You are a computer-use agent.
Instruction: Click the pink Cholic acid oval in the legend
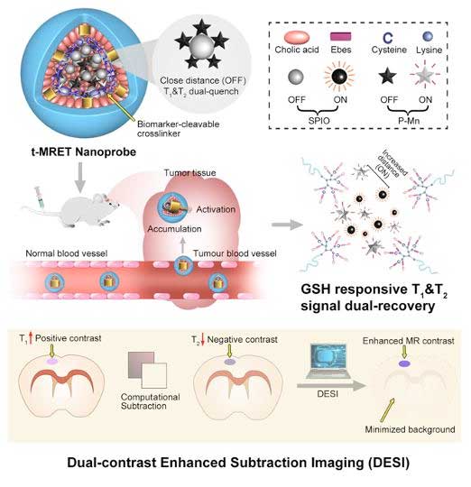tap(296, 37)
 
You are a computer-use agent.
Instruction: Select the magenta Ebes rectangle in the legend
tap(340, 36)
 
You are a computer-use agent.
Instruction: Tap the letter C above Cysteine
tap(388, 38)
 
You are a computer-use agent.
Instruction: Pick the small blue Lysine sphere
tap(428, 36)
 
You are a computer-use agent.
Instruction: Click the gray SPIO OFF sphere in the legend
tap(296, 77)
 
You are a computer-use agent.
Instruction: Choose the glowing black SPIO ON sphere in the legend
tap(339, 76)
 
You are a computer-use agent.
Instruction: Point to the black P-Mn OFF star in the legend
tap(387, 77)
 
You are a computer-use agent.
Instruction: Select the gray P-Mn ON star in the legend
tap(424, 76)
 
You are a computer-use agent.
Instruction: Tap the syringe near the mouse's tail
tap(40, 197)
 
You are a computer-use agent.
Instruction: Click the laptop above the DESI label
tap(328, 362)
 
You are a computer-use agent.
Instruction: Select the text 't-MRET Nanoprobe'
tap(84, 152)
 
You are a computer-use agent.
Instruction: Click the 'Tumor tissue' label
tap(189, 172)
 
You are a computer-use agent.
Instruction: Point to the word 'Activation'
tap(216, 209)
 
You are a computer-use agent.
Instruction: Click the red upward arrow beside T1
tap(31, 338)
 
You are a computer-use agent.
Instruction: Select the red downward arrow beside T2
tap(203, 339)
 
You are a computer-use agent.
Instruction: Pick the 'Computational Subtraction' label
tap(151, 401)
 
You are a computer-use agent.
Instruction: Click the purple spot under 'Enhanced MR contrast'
tap(404, 363)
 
